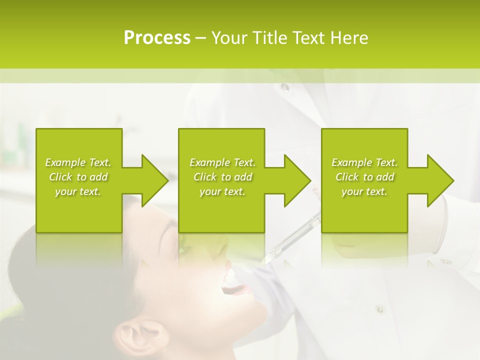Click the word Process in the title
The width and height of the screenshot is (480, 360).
pos(157,38)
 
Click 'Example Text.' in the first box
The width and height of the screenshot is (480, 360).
pos(78,162)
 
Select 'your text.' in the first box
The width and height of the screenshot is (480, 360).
pos(78,191)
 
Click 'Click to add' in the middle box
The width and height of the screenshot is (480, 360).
pos(222,177)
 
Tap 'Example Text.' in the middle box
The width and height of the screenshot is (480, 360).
pos(222,162)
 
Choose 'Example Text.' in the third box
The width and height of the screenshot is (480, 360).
pos(364,162)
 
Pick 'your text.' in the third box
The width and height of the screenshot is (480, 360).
pos(364,191)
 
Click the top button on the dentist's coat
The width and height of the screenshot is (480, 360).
pos(284,88)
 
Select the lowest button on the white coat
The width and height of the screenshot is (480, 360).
pos(380,308)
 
